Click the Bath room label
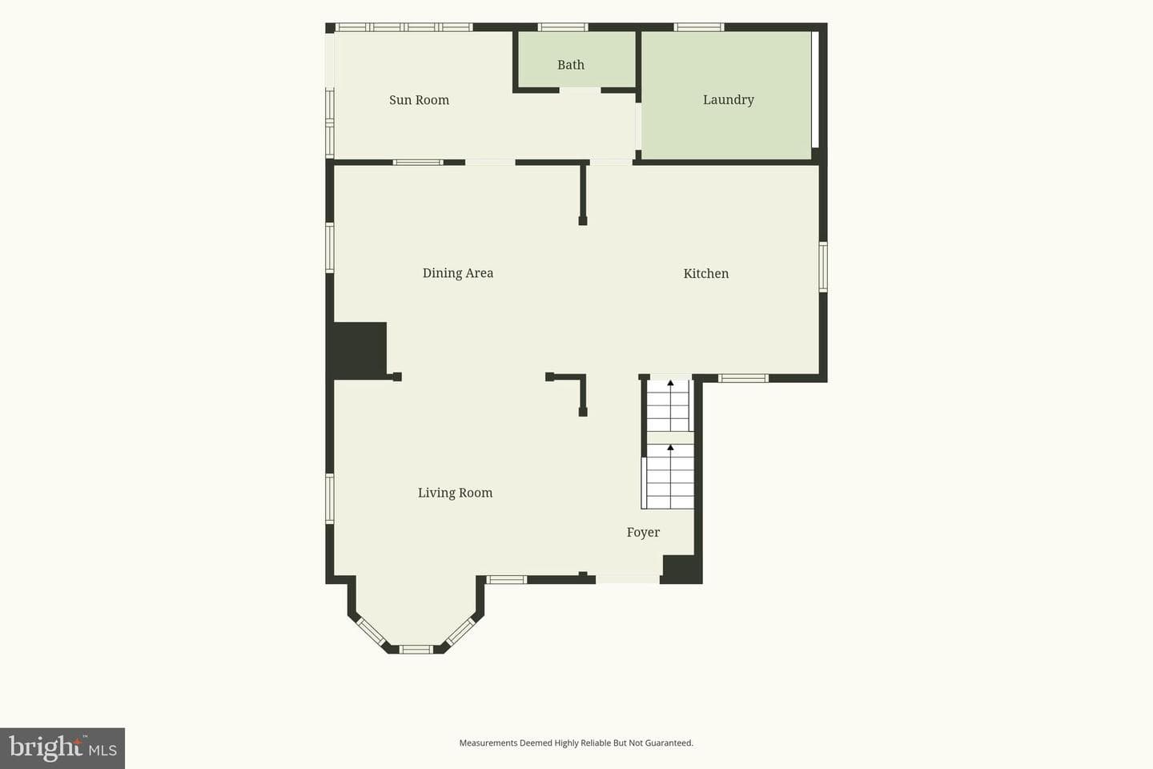tap(571, 65)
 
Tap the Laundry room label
tap(729, 100)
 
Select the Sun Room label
tap(419, 100)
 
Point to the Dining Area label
tap(458, 273)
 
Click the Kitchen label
tap(705, 273)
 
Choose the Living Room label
tap(455, 493)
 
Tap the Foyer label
tap(643, 532)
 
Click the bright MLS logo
tap(62, 748)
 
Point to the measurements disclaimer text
tap(576, 743)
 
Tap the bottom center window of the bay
tap(416, 649)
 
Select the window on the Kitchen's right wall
tap(823, 267)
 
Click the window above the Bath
tap(563, 27)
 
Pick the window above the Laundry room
tap(699, 27)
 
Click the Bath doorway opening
tap(580, 91)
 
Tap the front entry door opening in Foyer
tap(628, 579)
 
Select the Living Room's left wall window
tap(330, 498)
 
